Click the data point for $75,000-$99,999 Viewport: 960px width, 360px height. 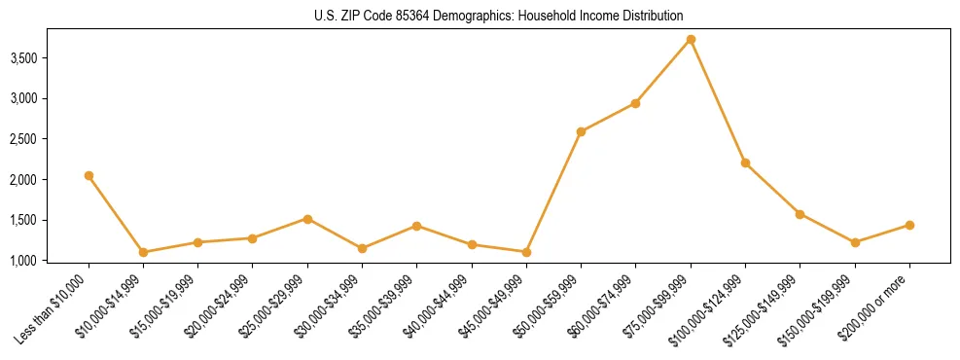(691, 40)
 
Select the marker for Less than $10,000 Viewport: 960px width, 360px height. (89, 176)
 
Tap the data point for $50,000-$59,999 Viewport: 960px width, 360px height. (581, 131)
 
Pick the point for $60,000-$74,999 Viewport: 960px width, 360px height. (635, 103)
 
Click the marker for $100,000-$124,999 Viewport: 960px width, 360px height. (745, 162)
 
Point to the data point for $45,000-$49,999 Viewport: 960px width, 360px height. (526, 252)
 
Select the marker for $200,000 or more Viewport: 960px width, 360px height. (909, 225)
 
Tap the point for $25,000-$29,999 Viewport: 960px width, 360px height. (307, 219)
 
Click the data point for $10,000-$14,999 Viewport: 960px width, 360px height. (143, 252)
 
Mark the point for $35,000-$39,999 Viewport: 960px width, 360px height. (416, 226)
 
